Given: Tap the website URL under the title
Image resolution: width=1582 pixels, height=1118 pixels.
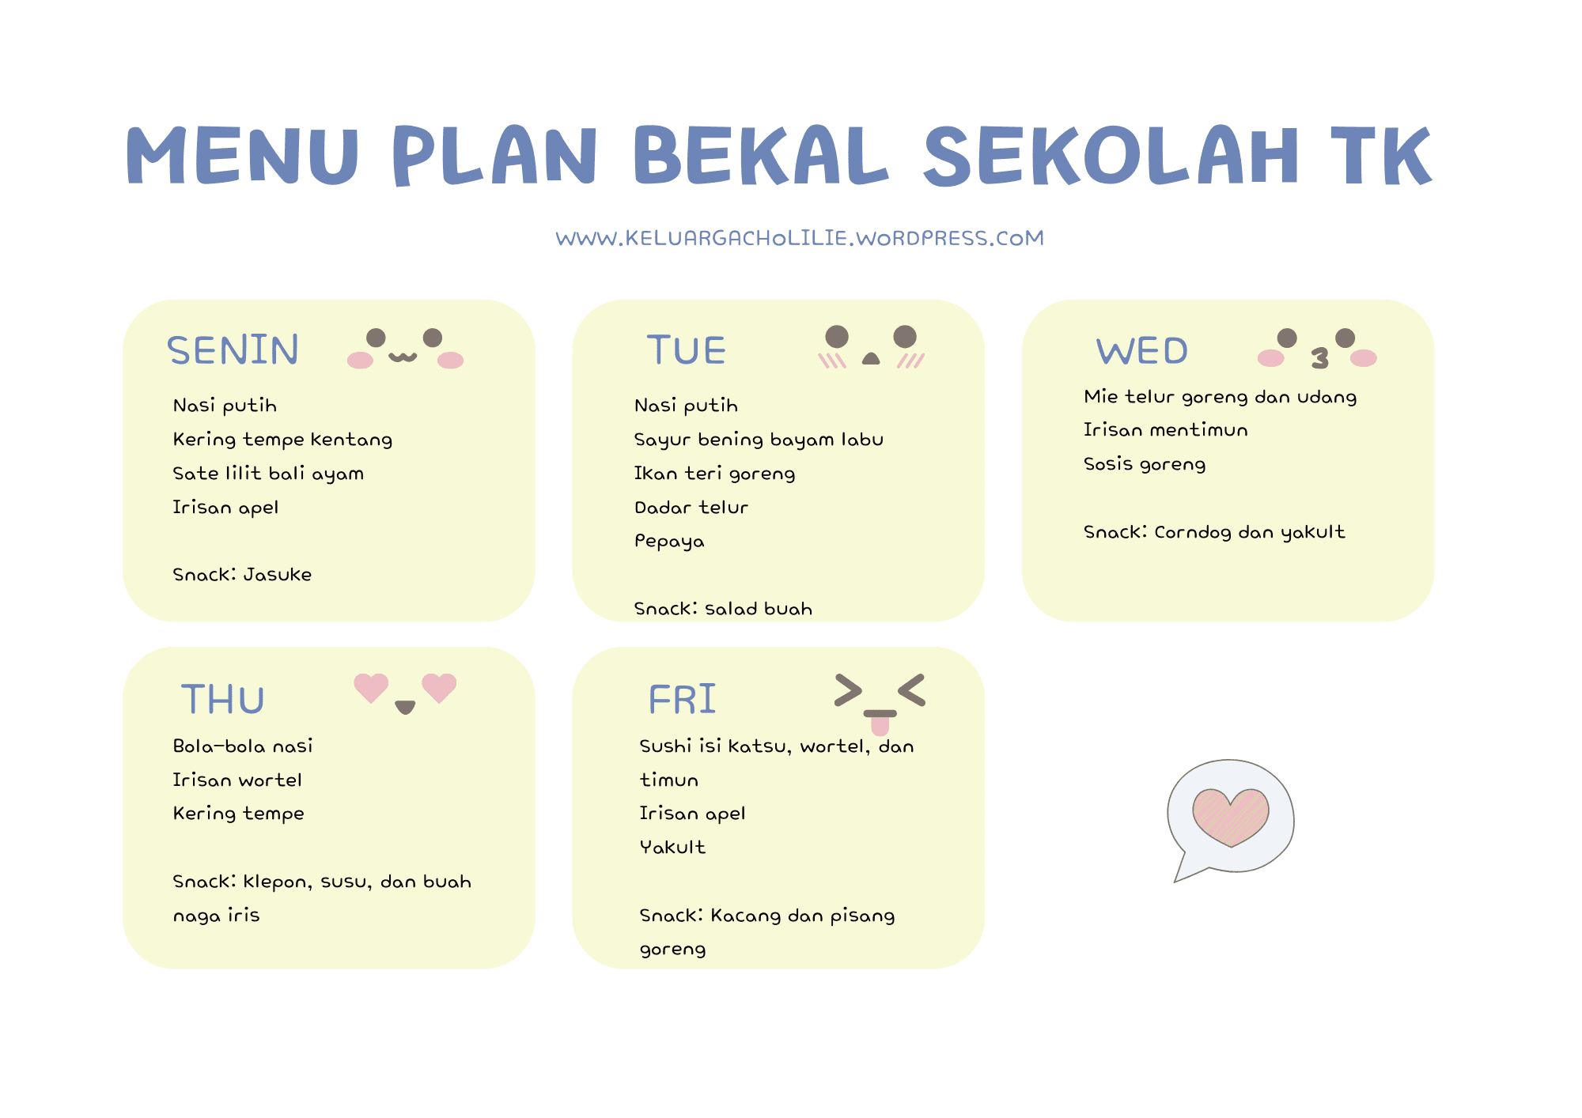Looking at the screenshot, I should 800,238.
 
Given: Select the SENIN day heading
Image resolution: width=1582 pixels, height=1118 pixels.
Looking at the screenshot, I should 233,350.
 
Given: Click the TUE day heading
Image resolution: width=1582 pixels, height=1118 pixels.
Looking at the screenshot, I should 686,350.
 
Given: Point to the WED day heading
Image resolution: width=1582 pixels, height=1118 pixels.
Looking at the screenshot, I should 1141,351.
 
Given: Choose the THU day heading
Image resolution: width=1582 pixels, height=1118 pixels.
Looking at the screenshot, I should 222,700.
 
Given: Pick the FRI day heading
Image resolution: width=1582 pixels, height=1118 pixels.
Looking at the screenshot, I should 682,700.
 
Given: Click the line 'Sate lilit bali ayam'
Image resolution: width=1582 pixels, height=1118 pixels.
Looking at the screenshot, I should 268,474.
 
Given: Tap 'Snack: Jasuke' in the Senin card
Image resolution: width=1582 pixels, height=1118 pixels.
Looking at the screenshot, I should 242,575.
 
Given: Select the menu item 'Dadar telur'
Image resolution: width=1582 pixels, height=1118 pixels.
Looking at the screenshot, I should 691,508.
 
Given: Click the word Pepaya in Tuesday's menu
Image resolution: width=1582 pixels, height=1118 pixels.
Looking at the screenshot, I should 669,542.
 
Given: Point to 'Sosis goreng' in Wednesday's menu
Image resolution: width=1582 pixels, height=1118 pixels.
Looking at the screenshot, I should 1145,464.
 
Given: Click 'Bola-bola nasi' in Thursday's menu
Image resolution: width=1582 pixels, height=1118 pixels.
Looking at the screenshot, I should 243,746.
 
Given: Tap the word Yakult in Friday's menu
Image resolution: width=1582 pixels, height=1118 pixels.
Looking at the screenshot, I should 672,848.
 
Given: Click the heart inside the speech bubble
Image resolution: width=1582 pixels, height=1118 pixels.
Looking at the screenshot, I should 1230,816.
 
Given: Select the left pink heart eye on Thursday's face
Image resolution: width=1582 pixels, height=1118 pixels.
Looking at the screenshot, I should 371,687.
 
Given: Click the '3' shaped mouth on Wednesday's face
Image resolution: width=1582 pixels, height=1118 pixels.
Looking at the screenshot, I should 1319,359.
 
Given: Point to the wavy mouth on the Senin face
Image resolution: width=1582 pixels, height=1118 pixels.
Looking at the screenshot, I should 403,357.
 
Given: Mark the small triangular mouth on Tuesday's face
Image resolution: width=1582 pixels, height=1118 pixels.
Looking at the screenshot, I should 870,358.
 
